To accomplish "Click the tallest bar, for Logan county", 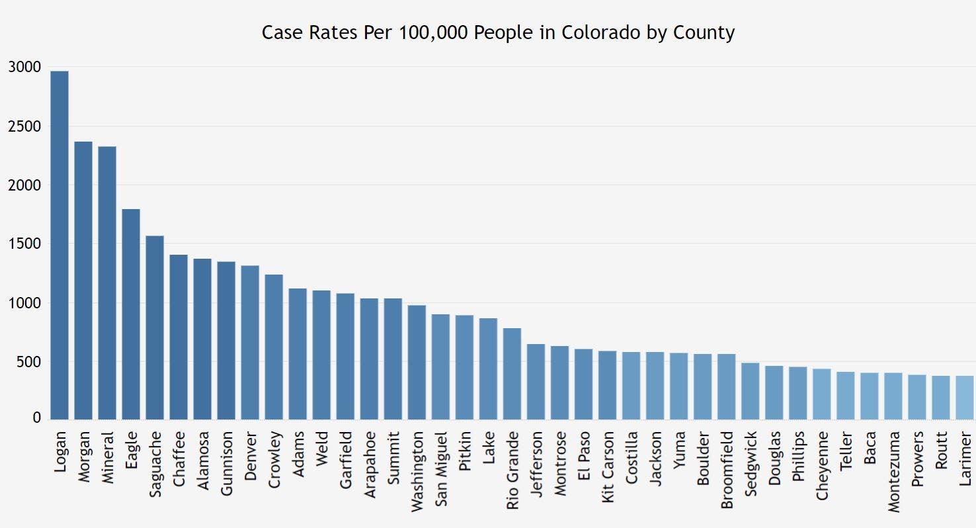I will (60, 245).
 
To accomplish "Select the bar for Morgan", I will (83, 281).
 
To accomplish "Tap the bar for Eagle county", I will (131, 314).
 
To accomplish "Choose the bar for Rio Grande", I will (512, 374).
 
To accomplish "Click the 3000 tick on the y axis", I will (25, 67).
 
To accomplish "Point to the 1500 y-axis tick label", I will (25, 244).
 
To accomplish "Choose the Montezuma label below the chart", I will (893, 470).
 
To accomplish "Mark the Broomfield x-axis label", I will (727, 469).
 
